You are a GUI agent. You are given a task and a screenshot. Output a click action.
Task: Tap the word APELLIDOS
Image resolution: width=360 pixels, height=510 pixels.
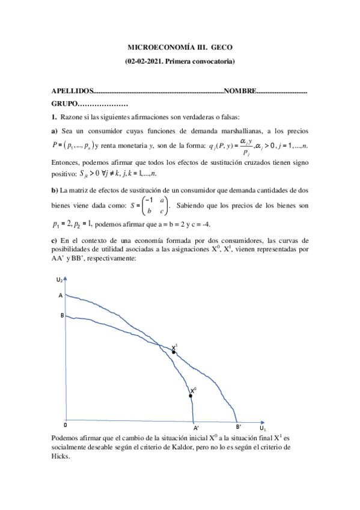[x=72, y=91]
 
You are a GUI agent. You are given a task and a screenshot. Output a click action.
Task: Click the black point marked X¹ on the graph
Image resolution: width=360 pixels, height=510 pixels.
[x=174, y=351]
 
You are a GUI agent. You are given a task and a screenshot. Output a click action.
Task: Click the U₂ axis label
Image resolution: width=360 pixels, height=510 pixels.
[x=58, y=280]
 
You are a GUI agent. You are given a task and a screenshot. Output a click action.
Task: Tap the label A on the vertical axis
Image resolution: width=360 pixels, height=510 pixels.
[x=60, y=296]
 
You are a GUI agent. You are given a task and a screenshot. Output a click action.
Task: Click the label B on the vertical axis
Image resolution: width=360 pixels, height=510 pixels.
[x=61, y=315]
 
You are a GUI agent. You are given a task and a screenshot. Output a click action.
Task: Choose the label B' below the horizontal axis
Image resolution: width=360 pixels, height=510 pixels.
[x=239, y=428]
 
